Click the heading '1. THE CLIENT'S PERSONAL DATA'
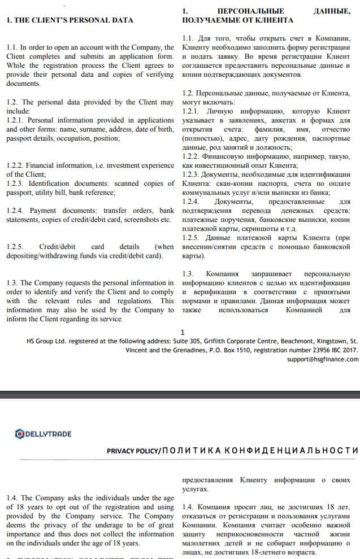point(70,20)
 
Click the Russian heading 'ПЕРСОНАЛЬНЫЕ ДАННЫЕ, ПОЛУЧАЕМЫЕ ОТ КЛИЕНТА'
point(266,15)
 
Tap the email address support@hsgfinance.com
point(322,359)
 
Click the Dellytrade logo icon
point(20,434)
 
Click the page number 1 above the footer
point(182,333)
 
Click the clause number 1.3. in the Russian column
point(189,274)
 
